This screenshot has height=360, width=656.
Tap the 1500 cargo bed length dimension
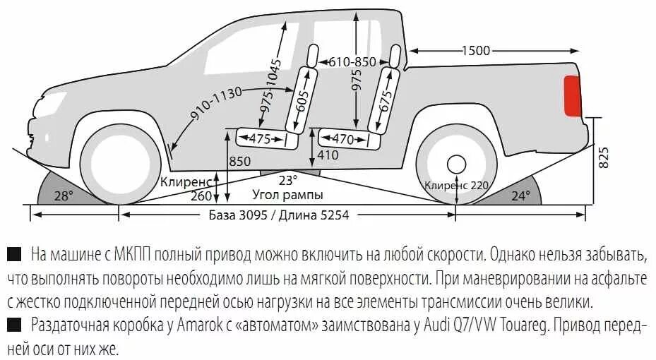(477, 51)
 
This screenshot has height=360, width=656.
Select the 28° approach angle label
(64, 196)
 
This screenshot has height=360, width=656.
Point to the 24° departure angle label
(520, 196)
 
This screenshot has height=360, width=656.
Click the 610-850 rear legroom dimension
(352, 62)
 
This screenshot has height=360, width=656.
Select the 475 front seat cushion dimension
(261, 139)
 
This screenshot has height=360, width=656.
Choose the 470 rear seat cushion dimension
(343, 139)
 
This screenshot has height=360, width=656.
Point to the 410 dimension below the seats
(328, 155)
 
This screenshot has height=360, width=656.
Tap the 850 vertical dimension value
(239, 161)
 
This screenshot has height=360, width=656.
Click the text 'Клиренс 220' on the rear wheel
(455, 185)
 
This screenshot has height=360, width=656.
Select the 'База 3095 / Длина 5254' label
(279, 215)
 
